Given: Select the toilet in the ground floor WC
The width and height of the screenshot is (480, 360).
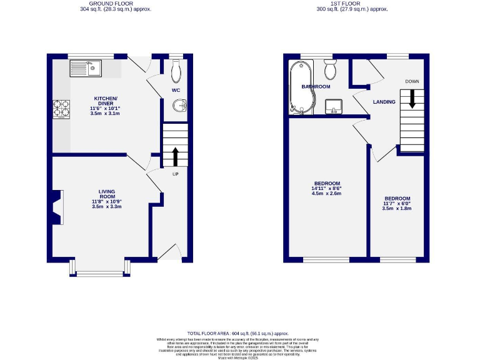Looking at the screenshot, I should click(176, 71).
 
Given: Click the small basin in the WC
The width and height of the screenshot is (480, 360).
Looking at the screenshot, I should click(181, 106).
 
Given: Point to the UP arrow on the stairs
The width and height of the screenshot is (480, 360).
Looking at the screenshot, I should click(175, 156).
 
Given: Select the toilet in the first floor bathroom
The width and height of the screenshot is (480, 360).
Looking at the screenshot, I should click(330, 70).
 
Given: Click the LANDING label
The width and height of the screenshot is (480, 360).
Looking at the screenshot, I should click(384, 101).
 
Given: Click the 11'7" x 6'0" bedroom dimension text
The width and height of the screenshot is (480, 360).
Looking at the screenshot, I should click(397, 203).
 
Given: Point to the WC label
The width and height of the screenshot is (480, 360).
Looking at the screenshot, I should click(176, 90).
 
